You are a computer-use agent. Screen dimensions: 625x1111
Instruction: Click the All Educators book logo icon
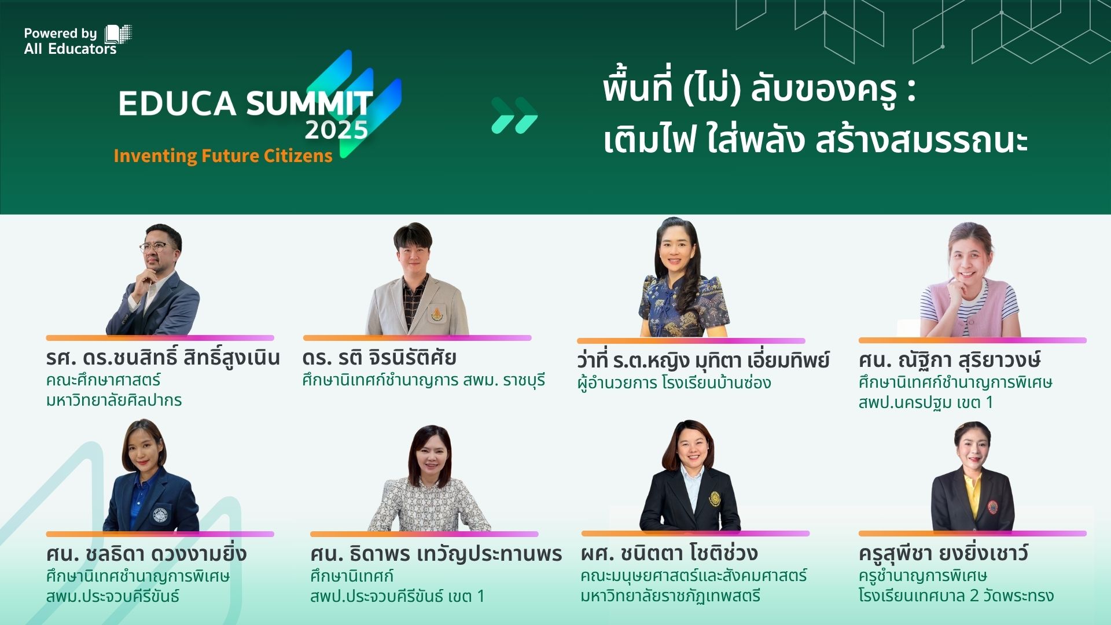pos(118,34)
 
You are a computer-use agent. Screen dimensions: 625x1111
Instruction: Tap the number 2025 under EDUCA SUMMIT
pos(336,130)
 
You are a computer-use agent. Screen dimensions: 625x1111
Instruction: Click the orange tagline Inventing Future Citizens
pos(223,156)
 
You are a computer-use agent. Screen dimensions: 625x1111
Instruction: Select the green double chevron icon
pos(514,115)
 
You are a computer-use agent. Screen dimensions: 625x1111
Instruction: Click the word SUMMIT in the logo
pos(309,103)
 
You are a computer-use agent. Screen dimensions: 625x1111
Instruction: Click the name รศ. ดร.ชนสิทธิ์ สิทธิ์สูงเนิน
pos(163,358)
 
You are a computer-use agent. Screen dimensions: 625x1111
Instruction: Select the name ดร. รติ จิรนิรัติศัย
pos(379,358)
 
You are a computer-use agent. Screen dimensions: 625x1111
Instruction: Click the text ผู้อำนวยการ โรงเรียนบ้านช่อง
pos(674,383)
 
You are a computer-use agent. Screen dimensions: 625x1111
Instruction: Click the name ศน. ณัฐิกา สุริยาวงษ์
pos(950,360)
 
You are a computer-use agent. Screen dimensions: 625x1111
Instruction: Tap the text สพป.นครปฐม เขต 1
pos(925,402)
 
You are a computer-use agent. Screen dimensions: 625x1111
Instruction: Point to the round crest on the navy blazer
pos(160,514)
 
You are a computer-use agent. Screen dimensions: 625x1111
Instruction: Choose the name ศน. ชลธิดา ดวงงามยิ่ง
pos(146,554)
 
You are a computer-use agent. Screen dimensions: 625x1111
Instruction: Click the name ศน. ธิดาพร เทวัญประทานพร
pos(436,554)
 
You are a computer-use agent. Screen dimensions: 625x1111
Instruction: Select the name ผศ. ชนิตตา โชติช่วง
pos(669,553)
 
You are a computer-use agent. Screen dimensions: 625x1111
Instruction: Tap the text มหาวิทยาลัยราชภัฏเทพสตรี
pos(670,595)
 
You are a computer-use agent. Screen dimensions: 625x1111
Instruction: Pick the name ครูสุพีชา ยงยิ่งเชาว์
pos(943,553)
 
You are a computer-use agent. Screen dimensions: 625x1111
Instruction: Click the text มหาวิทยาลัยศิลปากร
pos(114,400)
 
